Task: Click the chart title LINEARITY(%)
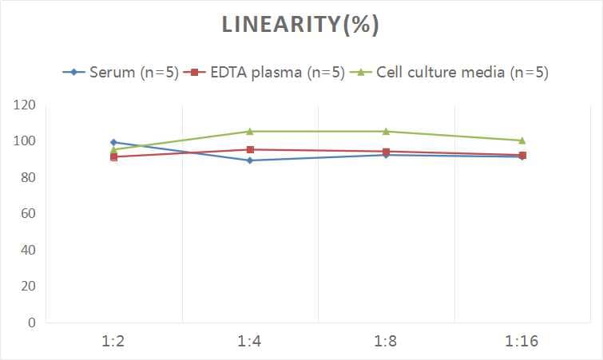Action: tap(300, 26)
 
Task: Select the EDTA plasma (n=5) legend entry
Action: tap(264, 73)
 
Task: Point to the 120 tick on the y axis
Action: tap(25, 105)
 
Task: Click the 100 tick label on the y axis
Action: tap(25, 141)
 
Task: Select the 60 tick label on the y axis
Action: tap(28, 214)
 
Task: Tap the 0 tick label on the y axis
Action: tap(32, 322)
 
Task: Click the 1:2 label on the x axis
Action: tap(114, 342)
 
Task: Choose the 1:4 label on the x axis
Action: tap(250, 342)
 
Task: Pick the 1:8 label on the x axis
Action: tap(386, 342)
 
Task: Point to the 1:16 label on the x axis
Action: tap(522, 342)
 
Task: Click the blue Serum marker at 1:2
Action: tap(114, 142)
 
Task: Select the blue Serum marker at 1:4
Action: tap(250, 160)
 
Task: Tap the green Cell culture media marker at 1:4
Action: tap(250, 131)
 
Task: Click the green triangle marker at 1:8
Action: tap(386, 131)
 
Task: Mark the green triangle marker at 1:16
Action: tap(522, 140)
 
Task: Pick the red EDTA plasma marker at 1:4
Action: tap(250, 149)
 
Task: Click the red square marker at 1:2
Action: tap(114, 156)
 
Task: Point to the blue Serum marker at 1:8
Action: tap(386, 155)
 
